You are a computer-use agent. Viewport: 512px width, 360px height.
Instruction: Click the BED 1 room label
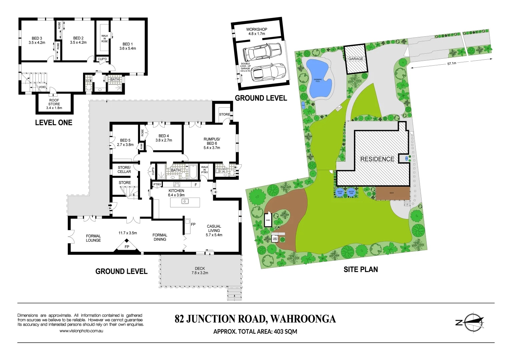(x=128, y=46)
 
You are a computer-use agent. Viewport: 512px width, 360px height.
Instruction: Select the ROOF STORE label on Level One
(x=54, y=104)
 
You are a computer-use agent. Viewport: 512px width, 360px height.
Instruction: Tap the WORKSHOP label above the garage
(x=257, y=31)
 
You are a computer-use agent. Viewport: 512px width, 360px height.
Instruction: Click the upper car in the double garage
(x=262, y=52)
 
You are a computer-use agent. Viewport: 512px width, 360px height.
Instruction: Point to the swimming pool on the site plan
(x=319, y=79)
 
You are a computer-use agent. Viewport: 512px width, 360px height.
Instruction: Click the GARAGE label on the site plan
(x=356, y=59)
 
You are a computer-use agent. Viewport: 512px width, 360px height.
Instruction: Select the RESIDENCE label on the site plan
(x=377, y=159)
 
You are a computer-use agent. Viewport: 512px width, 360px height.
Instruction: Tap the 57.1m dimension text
(x=452, y=63)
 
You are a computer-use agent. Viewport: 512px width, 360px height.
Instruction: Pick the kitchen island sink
(x=185, y=201)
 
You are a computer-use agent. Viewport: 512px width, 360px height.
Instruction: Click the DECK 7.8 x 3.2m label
(x=200, y=271)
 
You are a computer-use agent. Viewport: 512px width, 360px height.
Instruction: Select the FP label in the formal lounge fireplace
(x=127, y=247)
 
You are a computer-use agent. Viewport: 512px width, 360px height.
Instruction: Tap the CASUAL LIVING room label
(x=214, y=231)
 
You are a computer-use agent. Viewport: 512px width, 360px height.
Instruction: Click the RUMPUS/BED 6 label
(x=212, y=143)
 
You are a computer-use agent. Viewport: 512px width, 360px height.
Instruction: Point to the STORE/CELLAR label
(x=124, y=170)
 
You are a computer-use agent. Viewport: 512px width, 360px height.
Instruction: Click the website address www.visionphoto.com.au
(x=81, y=331)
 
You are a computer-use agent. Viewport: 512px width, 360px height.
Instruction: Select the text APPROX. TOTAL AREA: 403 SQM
(x=255, y=332)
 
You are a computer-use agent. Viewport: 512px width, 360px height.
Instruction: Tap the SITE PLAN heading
(x=361, y=269)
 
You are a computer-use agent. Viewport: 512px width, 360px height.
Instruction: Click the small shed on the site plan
(x=268, y=220)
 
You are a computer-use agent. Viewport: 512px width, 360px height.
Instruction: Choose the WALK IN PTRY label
(x=204, y=170)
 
